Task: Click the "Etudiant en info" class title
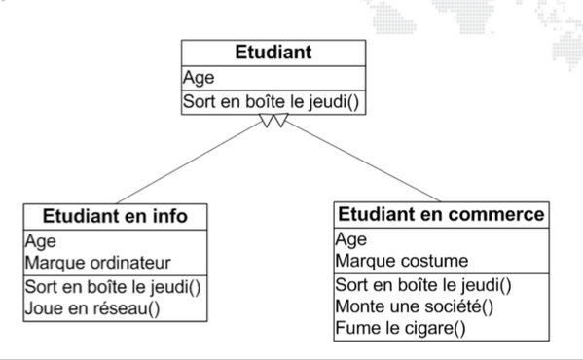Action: coord(114,215)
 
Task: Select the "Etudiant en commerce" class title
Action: coord(440,213)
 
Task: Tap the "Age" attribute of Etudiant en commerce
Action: coord(350,239)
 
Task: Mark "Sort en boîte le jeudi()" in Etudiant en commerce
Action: coord(423,285)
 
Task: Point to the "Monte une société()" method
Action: coord(415,306)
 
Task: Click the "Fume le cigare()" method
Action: coord(399,328)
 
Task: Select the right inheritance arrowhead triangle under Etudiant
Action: coord(278,121)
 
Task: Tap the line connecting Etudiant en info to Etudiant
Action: coord(185,162)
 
